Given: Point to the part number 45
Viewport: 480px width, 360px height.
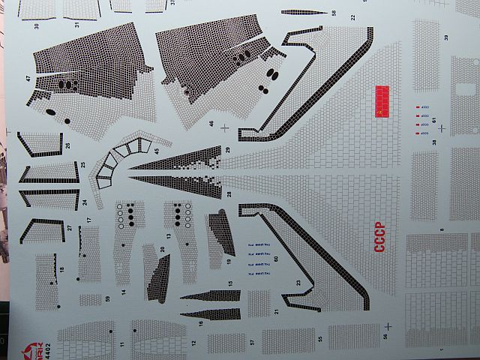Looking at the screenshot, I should [x=157, y=151].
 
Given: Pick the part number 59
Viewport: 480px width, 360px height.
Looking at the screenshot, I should [x=108, y=299].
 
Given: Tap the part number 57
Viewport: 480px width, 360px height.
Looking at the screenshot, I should [x=253, y=342].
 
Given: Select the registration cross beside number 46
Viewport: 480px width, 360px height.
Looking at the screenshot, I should [x=226, y=127].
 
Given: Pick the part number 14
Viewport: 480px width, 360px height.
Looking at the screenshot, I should [x=124, y=291].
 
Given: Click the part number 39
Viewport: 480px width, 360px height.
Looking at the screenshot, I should [x=445, y=37].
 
